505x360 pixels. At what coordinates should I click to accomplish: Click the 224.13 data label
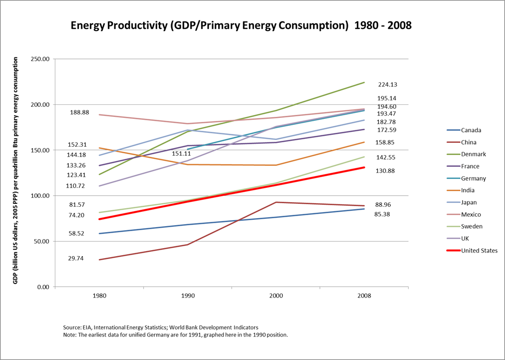click(x=388, y=85)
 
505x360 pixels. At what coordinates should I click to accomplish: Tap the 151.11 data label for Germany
click(x=182, y=154)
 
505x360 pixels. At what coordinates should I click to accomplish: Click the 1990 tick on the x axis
click(x=188, y=296)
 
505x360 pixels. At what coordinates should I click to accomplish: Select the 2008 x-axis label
click(x=364, y=296)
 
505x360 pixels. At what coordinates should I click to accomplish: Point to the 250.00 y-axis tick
click(x=40, y=59)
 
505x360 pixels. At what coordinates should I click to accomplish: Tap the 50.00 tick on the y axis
click(x=42, y=242)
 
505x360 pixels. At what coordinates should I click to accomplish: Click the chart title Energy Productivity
click(x=241, y=25)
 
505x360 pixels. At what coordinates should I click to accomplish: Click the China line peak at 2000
click(x=276, y=202)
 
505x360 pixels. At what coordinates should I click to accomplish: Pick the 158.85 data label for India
click(x=385, y=142)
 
